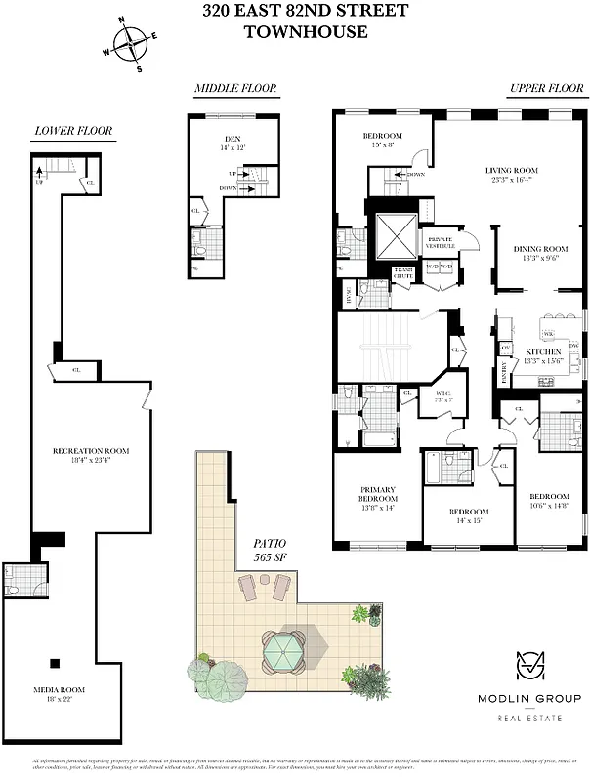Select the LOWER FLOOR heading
[x=73, y=131]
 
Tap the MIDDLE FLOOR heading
[x=235, y=89]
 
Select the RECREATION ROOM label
[x=91, y=451]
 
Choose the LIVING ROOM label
[x=512, y=171]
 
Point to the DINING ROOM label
[x=540, y=249]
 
